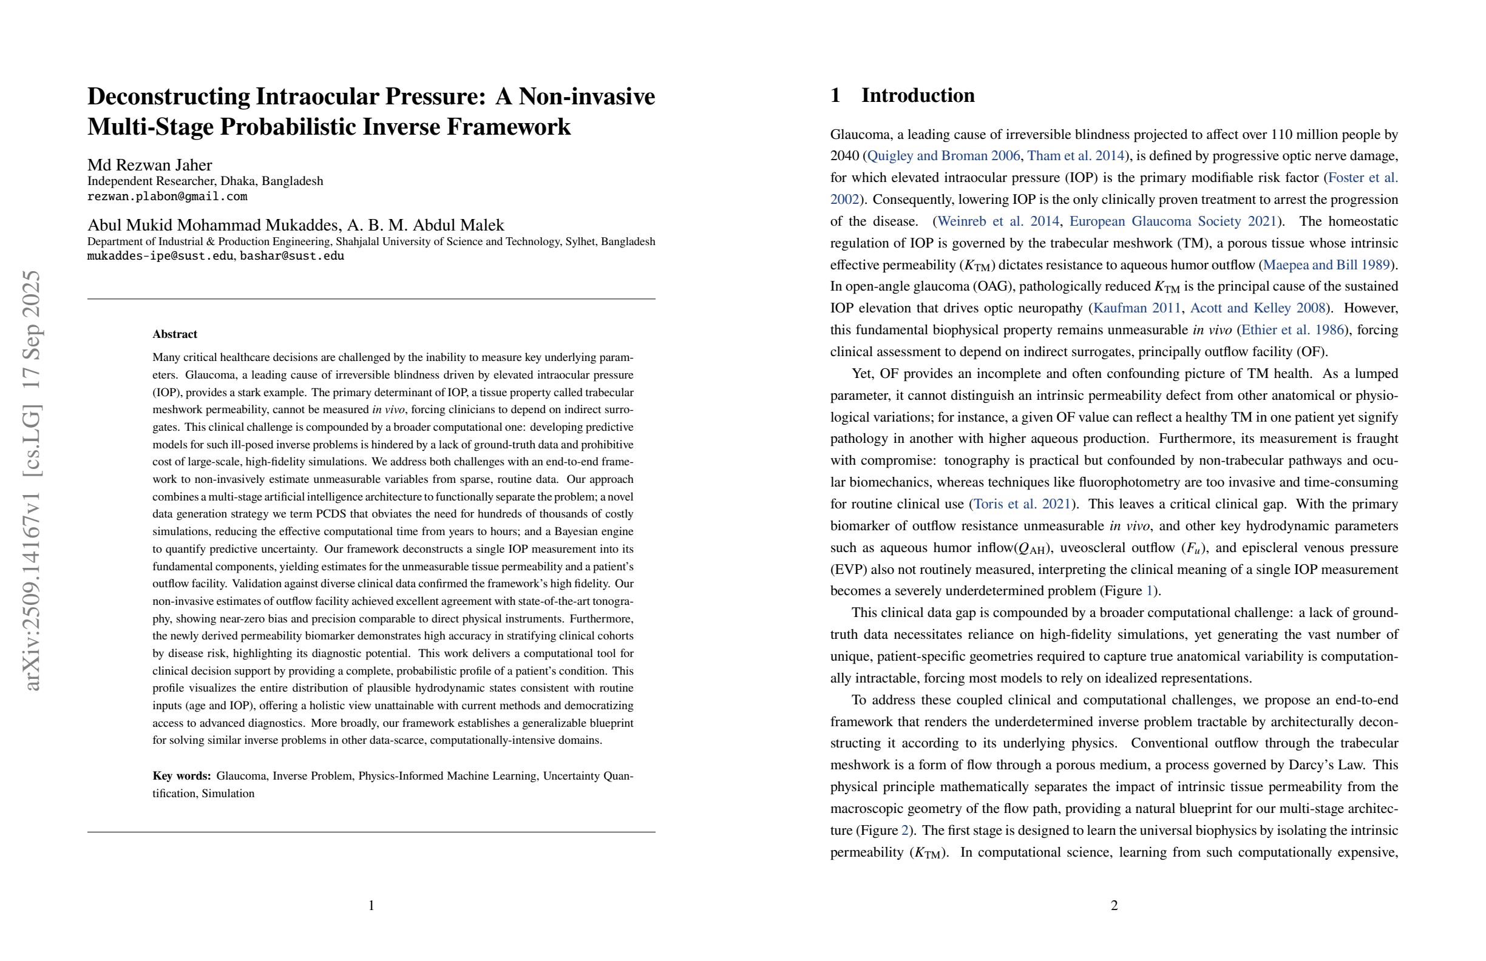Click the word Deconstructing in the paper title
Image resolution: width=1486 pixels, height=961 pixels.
[168, 96]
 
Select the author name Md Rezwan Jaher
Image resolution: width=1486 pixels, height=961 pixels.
[150, 165]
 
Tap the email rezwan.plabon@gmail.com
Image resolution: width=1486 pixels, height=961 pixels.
[168, 197]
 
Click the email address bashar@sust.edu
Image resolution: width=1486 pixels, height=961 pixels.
[291, 256]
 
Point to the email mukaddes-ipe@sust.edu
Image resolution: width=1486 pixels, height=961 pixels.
[160, 256]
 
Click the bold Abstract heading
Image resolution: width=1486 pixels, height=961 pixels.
[175, 334]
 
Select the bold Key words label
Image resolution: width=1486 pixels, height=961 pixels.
[182, 777]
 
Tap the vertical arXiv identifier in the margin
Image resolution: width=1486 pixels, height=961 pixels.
[31, 480]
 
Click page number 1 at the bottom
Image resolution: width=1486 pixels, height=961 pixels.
[371, 905]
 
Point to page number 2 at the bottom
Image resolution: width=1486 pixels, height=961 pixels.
[1114, 905]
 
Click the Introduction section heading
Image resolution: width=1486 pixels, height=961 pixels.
[918, 95]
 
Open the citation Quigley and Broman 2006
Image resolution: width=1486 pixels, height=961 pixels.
[943, 156]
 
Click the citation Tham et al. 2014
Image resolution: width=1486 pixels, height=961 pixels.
[1076, 156]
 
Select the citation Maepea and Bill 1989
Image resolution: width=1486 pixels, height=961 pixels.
[1326, 265]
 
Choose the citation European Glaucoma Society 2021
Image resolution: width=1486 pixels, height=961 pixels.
[1173, 221]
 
